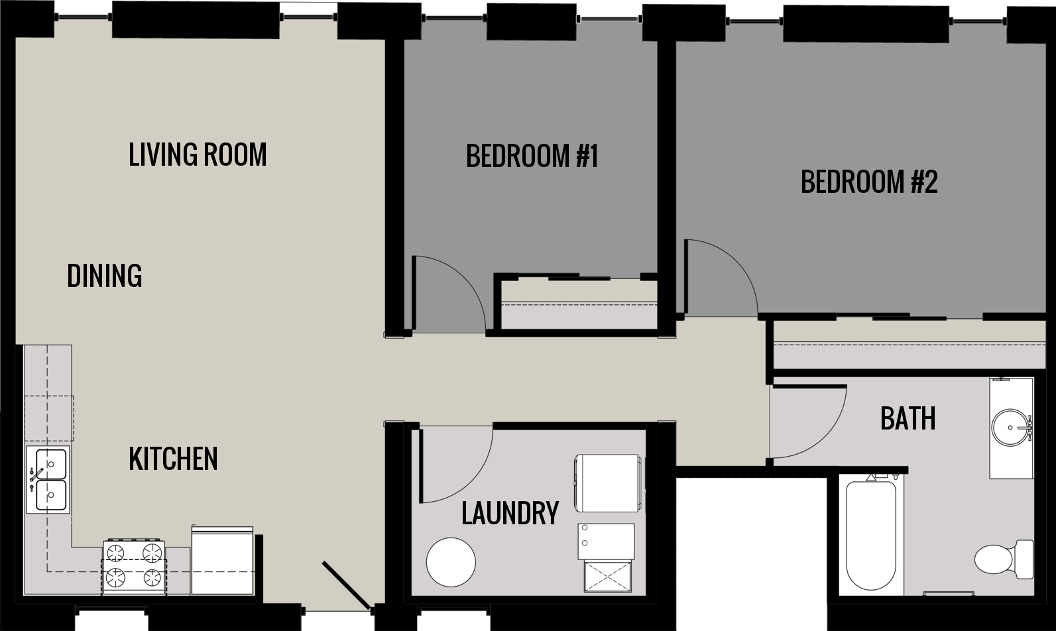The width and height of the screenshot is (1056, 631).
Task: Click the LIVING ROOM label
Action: coord(198,154)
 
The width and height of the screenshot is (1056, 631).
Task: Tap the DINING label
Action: coord(105,276)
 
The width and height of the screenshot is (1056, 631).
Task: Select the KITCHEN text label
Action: coord(173,459)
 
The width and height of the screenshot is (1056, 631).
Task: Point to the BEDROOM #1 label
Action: coord(532,157)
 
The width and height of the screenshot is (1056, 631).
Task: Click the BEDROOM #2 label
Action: coord(869,182)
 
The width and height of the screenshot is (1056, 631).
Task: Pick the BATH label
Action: coord(908,418)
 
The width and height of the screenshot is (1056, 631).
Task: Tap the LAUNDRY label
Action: coord(510,512)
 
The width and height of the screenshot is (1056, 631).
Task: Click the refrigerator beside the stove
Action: coord(223,561)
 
